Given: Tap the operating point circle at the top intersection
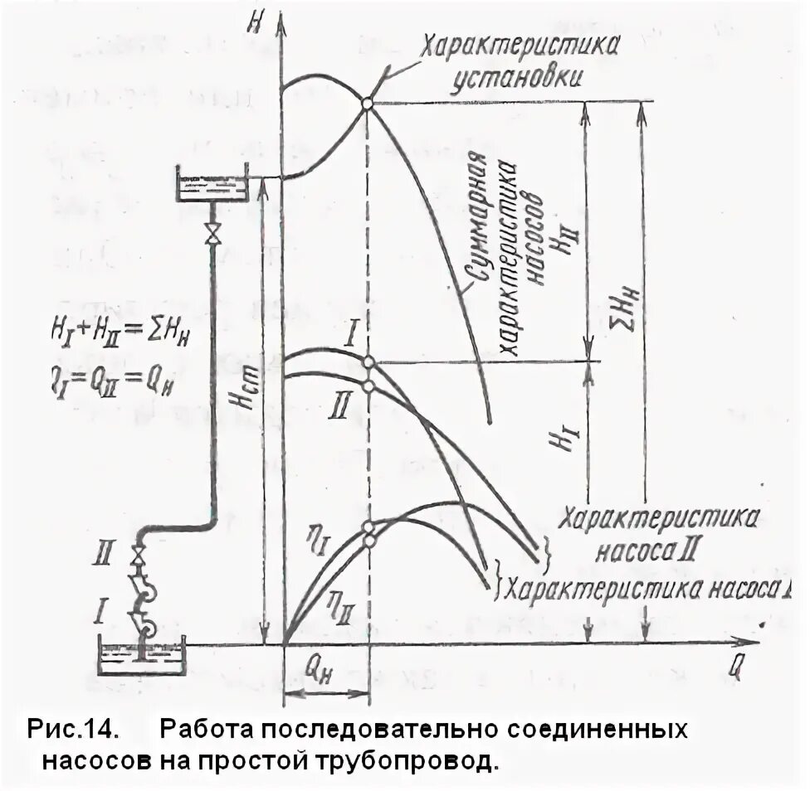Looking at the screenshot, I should pos(367,103).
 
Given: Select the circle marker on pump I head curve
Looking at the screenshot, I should pos(369,362).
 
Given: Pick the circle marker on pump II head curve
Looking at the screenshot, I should pos(369,386).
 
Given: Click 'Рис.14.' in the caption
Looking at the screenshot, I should pos(73,730).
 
